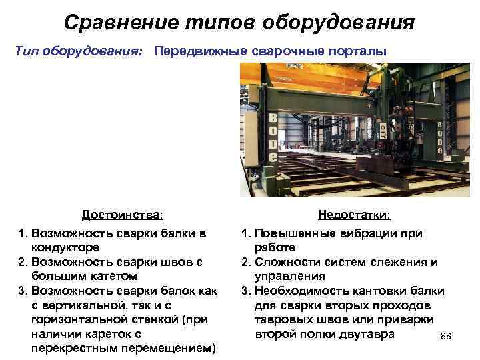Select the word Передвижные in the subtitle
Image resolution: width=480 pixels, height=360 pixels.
pos(193,51)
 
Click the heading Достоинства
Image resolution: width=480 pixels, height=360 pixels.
pos(123,215)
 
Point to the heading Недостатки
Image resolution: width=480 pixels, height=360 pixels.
pos(355,215)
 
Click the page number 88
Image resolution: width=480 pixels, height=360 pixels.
pos(446,336)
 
